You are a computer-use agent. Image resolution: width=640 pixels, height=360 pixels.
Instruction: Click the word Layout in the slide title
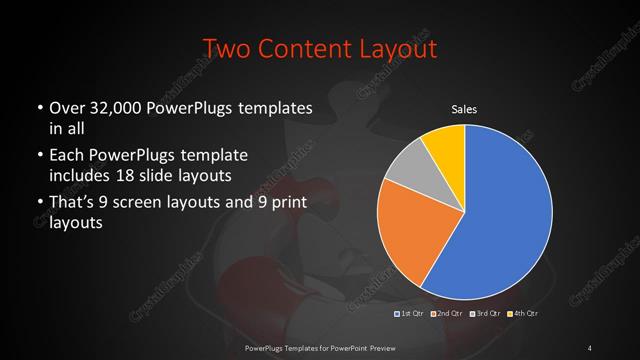tap(393, 47)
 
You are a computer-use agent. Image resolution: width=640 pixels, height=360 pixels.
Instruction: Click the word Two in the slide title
tap(225, 47)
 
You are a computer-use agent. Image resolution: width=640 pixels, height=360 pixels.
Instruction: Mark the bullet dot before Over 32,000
tap(39, 108)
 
